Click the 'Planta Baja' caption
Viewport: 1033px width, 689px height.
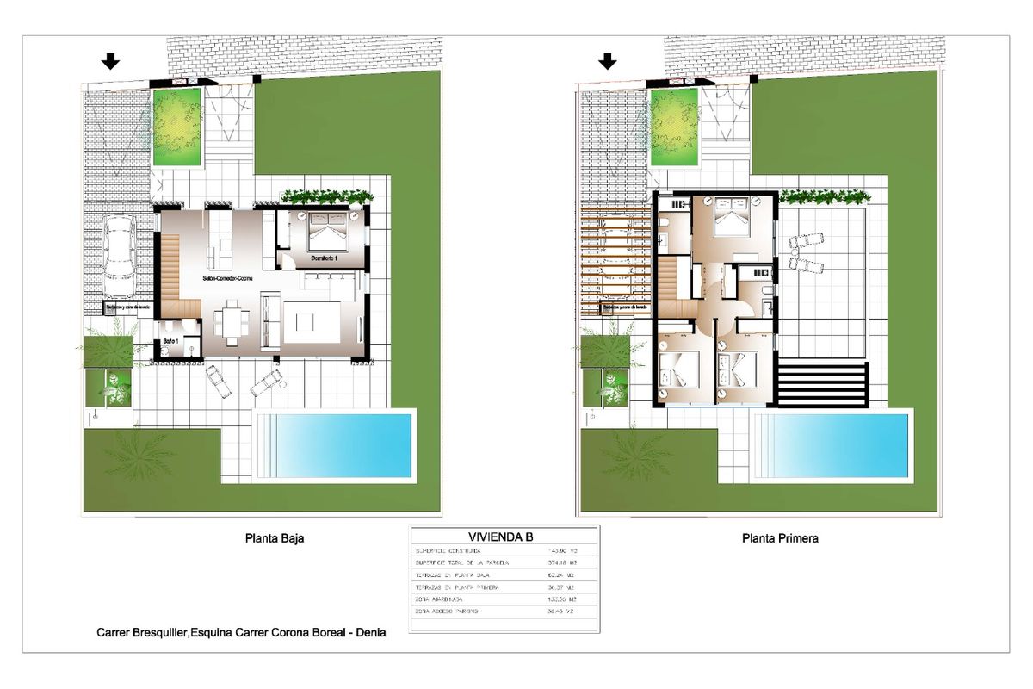275,538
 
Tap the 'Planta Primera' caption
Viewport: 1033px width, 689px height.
780,538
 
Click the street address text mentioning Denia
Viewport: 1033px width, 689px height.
241,632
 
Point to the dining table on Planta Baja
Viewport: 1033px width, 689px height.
232,324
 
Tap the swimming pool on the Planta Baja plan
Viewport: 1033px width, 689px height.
335,447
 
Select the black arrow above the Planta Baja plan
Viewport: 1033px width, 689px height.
109,60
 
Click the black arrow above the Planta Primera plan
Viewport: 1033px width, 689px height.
609,60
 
